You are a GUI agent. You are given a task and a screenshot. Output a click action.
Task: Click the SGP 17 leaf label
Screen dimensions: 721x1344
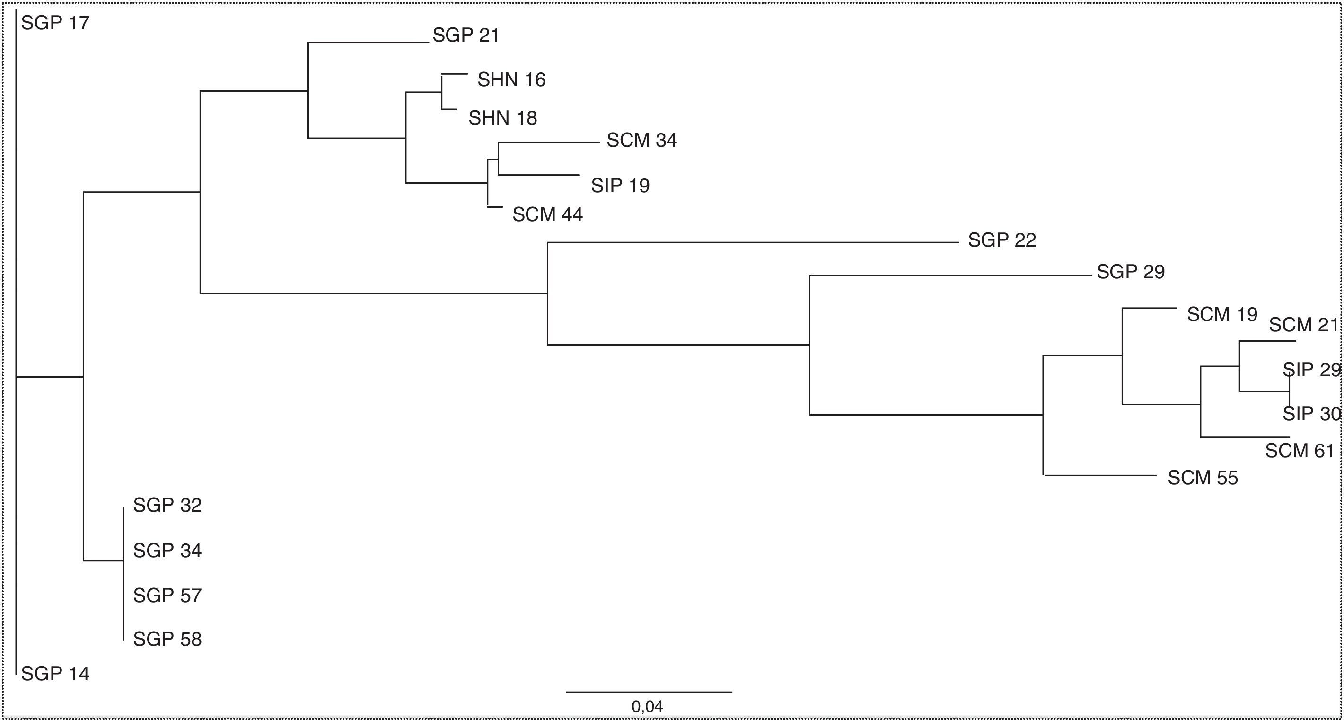pyautogui.click(x=55, y=23)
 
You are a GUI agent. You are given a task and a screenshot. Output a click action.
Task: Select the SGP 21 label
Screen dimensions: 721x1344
pyautogui.click(x=466, y=36)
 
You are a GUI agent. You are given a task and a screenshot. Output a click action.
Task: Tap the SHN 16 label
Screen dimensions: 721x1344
pyautogui.click(x=511, y=80)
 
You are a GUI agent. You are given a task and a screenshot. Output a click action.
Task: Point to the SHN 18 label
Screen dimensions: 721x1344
pyautogui.click(x=502, y=118)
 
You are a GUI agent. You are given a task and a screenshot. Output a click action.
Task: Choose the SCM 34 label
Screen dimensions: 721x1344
pyautogui.click(x=641, y=141)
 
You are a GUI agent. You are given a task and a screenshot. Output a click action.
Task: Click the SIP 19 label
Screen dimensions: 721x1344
pyautogui.click(x=620, y=186)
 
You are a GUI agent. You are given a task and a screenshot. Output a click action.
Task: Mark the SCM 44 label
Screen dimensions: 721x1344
pyautogui.click(x=547, y=214)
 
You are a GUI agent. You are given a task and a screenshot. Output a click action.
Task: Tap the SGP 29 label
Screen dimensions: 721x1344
pyautogui.click(x=1131, y=272)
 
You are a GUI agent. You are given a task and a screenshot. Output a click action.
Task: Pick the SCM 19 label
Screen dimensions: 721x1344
pyautogui.click(x=1222, y=314)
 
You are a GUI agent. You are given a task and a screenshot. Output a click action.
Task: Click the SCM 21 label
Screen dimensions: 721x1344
pyautogui.click(x=1303, y=325)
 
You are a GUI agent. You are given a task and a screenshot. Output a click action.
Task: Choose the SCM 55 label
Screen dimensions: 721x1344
pyautogui.click(x=1203, y=478)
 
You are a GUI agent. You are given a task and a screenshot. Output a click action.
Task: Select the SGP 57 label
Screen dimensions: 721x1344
pyautogui.click(x=167, y=596)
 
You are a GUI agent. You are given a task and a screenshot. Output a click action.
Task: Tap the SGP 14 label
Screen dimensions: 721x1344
pyautogui.click(x=55, y=674)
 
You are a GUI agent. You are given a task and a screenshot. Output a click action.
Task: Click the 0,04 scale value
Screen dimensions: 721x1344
pyautogui.click(x=647, y=707)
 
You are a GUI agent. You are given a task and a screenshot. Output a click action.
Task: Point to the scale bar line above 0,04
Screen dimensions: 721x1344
pyautogui.click(x=649, y=692)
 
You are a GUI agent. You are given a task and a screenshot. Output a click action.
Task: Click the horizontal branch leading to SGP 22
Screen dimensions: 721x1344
pyautogui.click(x=751, y=243)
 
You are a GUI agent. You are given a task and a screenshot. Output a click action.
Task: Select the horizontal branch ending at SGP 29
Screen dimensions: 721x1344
pyautogui.click(x=949, y=275)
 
